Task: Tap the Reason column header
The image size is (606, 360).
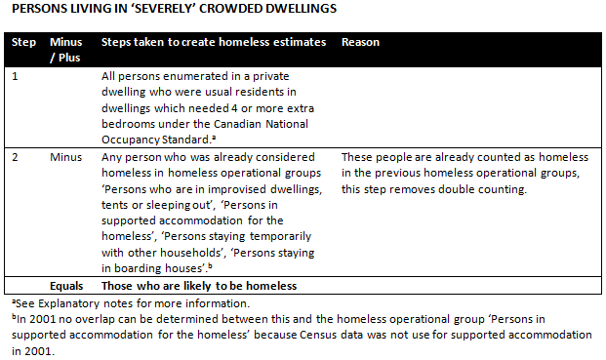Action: pos(360,43)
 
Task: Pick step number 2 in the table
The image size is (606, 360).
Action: pos(14,156)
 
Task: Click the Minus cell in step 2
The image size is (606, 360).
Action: pos(66,156)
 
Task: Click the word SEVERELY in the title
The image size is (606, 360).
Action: pos(126,12)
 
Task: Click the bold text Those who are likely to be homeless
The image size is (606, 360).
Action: pos(199,286)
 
